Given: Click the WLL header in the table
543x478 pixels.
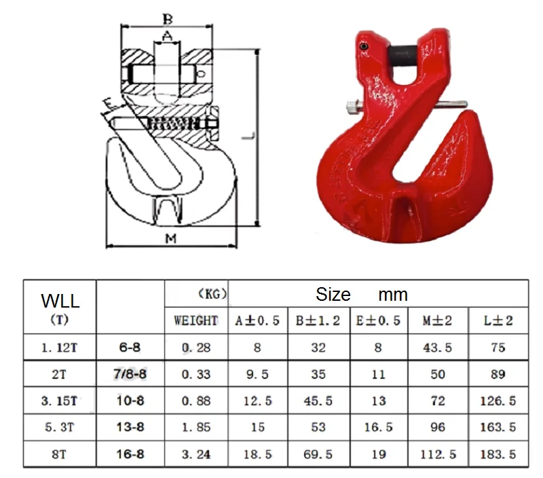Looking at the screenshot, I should (60, 300).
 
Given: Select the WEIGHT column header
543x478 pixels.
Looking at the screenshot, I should (195, 320).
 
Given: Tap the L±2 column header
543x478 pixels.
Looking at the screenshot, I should (498, 320).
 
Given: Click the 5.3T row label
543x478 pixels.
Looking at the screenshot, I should (59, 427).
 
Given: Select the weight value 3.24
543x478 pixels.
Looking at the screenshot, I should (195, 454).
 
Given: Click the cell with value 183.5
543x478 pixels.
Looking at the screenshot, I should (498, 454).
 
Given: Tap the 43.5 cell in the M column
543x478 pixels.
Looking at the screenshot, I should (438, 348).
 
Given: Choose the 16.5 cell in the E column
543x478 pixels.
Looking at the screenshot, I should (379, 427).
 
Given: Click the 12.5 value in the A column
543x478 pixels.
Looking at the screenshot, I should (257, 401).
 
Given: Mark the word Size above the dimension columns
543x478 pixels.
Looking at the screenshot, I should (333, 295).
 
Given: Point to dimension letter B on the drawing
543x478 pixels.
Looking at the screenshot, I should (167, 18).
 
